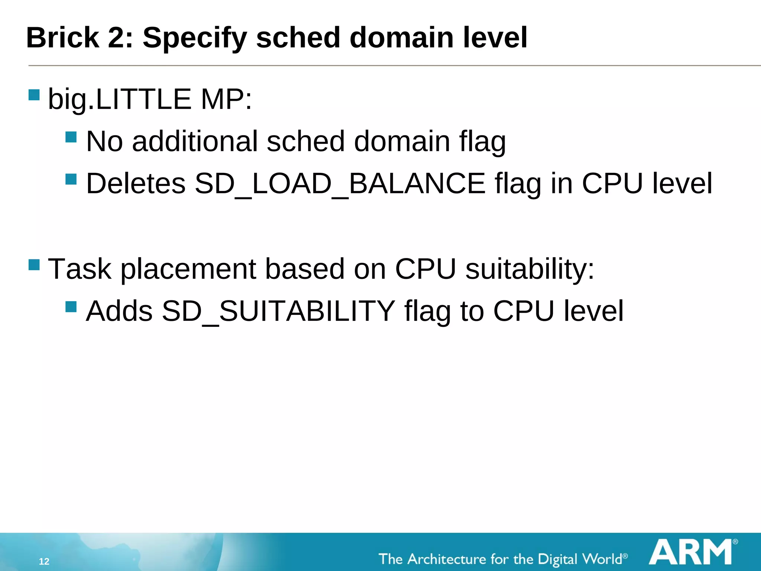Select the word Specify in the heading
195,39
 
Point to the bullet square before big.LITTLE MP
34,95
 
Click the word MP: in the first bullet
226,100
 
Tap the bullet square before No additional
71,137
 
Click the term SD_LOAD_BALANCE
340,184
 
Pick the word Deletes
136,184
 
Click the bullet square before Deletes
71,180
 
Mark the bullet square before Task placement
34,265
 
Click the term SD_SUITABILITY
278,311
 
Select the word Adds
119,311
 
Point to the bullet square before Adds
71,307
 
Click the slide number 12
44,561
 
